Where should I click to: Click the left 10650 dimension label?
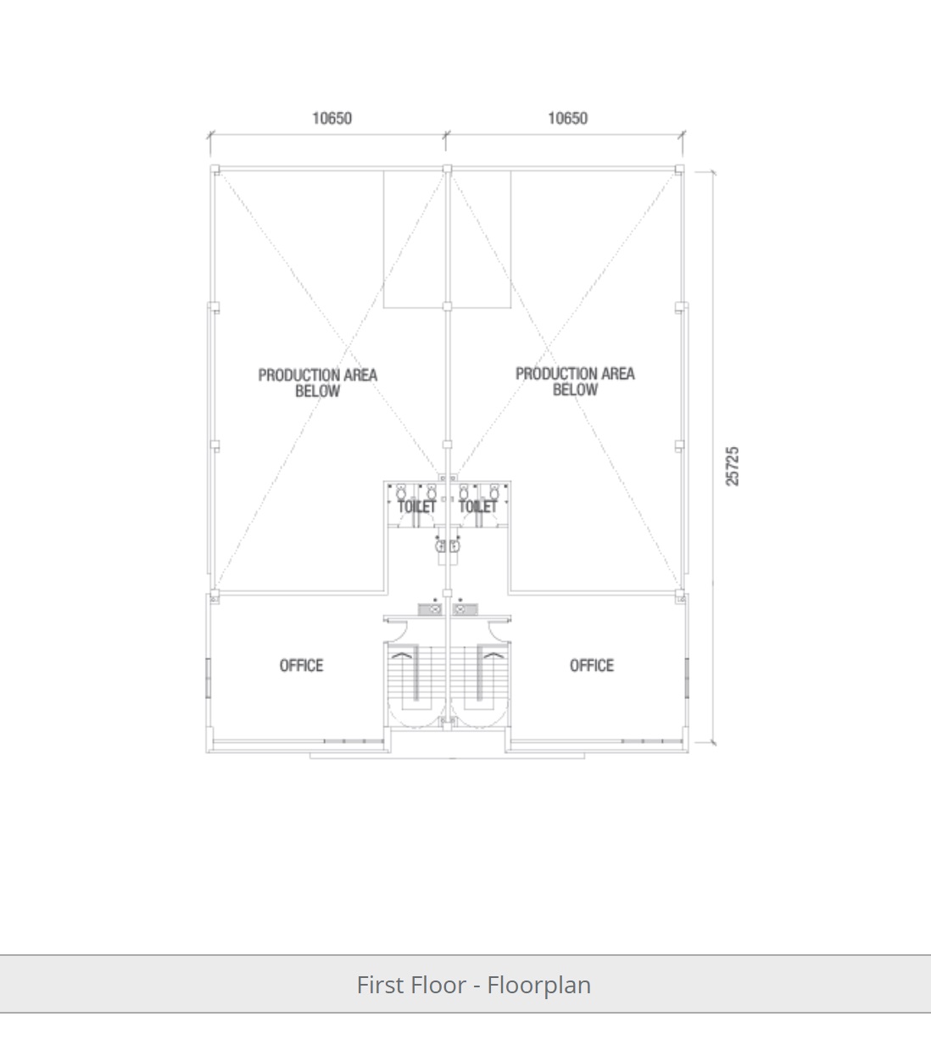(x=332, y=118)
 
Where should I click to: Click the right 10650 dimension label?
(x=568, y=118)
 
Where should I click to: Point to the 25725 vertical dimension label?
(x=732, y=466)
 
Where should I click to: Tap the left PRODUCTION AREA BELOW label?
(x=318, y=383)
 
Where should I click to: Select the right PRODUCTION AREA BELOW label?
(x=575, y=382)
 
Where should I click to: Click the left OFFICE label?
(x=301, y=666)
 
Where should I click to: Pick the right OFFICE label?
(x=592, y=666)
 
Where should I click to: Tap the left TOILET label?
(x=417, y=506)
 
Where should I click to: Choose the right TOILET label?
(x=477, y=506)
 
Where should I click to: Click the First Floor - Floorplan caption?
(x=474, y=985)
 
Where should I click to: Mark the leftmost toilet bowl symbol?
(x=401, y=491)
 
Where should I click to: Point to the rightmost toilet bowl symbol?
(x=493, y=491)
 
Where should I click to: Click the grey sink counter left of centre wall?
(x=431, y=609)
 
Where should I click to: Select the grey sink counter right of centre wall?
(x=465, y=609)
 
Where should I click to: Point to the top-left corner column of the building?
(x=215, y=169)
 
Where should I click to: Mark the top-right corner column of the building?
(x=679, y=169)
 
